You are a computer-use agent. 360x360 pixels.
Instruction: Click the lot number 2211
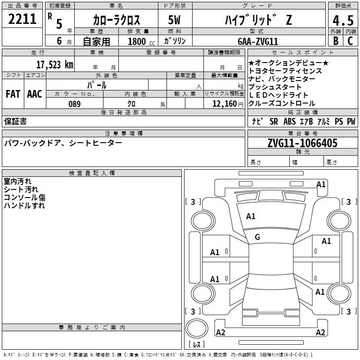coord(22,19)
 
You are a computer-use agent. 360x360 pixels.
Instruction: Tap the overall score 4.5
coord(343,21)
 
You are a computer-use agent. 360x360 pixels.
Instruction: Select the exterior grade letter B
coord(336,41)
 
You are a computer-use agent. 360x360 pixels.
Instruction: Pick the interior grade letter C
coord(350,41)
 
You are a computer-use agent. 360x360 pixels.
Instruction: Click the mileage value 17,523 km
coord(55,65)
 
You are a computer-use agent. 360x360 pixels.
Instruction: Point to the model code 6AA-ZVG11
coord(258,41)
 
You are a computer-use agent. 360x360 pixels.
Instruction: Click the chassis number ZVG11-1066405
coord(302,143)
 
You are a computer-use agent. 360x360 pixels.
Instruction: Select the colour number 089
coord(75,104)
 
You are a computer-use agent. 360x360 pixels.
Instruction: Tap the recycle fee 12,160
coord(225,104)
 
